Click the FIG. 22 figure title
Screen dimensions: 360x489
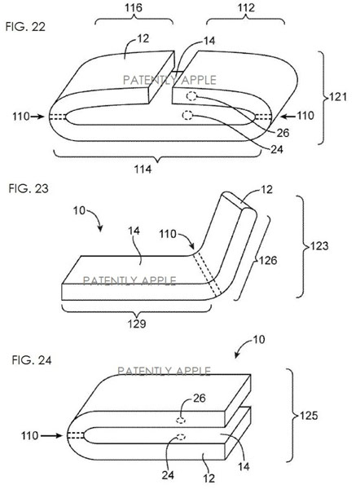point(25,27)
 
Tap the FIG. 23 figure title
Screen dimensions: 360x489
point(29,189)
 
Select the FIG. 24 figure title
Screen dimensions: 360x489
point(32,360)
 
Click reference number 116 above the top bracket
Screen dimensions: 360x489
point(134,7)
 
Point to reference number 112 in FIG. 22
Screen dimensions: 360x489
point(246,7)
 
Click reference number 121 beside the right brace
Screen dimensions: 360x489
point(338,97)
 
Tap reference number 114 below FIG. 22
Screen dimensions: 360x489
point(143,170)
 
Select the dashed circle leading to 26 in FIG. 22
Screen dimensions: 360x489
point(191,96)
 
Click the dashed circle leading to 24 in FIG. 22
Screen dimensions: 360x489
point(187,116)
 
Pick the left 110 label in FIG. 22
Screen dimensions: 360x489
point(21,117)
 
